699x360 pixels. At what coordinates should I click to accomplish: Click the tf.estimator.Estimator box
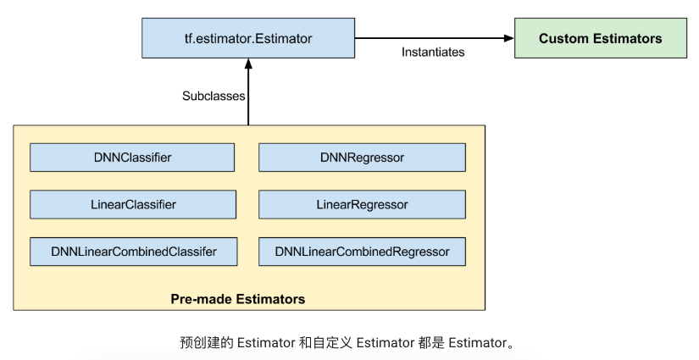click(248, 39)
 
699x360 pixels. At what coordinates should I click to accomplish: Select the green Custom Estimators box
click(600, 39)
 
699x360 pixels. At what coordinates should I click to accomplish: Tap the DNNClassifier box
click(132, 158)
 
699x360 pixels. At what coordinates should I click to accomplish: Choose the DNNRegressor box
click(362, 158)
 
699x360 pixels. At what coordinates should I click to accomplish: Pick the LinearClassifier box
click(132, 205)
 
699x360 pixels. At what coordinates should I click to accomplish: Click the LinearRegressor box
click(362, 205)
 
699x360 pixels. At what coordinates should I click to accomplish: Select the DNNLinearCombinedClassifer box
click(133, 252)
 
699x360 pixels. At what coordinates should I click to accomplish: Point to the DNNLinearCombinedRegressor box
click(362, 252)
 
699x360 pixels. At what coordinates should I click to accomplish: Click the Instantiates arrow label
click(432, 53)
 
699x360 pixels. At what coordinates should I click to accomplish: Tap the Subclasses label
click(214, 96)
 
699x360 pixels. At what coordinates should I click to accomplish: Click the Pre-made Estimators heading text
click(238, 299)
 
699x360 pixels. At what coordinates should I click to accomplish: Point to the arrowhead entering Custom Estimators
click(508, 38)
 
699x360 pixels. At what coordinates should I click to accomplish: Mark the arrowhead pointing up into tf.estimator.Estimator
click(248, 63)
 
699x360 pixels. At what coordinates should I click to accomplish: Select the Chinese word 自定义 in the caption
click(333, 343)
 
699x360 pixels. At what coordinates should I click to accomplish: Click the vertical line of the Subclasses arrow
click(248, 97)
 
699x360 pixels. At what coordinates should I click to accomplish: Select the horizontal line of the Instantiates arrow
click(432, 38)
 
